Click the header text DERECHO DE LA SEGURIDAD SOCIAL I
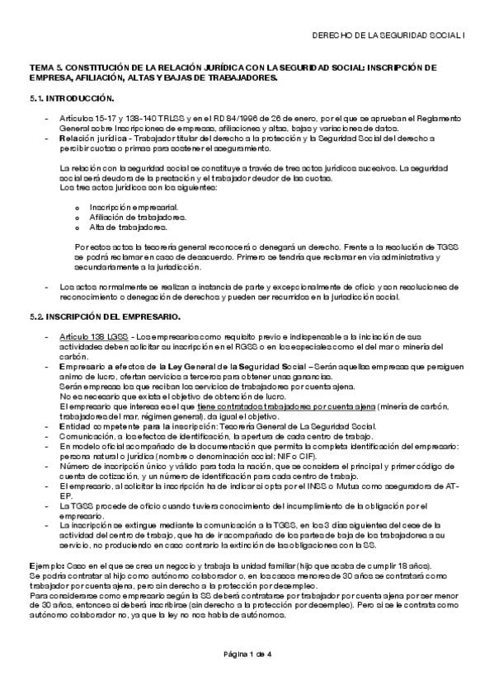[x=391, y=36]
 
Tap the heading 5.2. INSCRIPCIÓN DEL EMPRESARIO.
[x=103, y=317]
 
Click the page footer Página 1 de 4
[x=247, y=654]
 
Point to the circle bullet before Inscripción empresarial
[x=77, y=207]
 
